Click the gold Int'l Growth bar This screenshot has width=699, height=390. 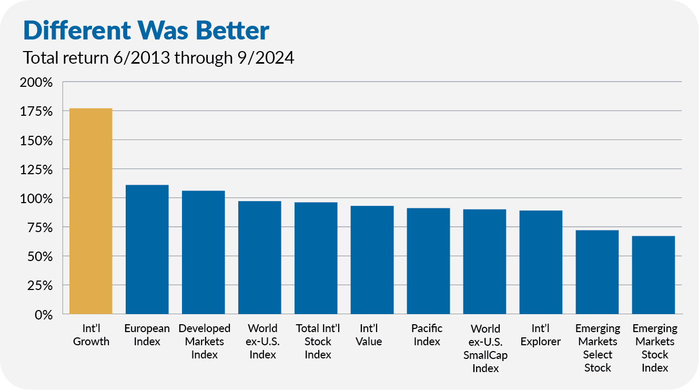pyautogui.click(x=91, y=211)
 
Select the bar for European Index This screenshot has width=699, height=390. pyautogui.click(x=147, y=249)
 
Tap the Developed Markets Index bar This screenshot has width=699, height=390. pyautogui.click(x=204, y=252)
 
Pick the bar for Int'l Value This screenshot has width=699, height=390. pyautogui.click(x=372, y=260)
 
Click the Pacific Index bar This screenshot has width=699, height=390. pyautogui.click(x=429, y=261)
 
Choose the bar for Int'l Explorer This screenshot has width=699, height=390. pyautogui.click(x=541, y=262)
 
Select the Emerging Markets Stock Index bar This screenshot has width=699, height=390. pyautogui.click(x=654, y=275)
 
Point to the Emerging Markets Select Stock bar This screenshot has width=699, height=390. pyautogui.click(x=597, y=272)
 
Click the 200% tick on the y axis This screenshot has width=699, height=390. pyautogui.click(x=36, y=83)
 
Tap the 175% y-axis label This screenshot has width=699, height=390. pyautogui.click(x=36, y=112)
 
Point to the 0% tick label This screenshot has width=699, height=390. pyautogui.click(x=43, y=315)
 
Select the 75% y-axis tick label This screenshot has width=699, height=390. pyautogui.click(x=39, y=228)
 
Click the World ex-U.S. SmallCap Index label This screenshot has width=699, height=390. pyautogui.click(x=485, y=348)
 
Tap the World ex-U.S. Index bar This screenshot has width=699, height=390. pyautogui.click(x=260, y=257)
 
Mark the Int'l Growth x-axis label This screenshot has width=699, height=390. pyautogui.click(x=91, y=335)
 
